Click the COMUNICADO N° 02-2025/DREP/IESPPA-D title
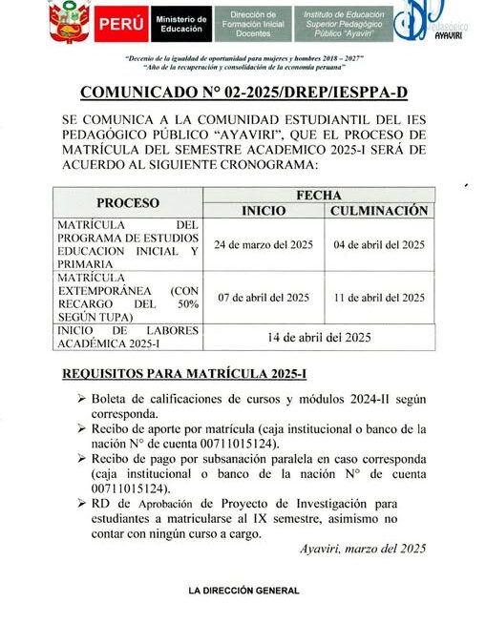(243, 93)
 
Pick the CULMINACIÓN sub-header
(378, 211)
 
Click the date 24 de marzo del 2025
(263, 244)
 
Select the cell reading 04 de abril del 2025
(378, 244)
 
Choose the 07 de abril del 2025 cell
(263, 297)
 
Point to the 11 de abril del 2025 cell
(378, 297)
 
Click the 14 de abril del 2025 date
(320, 336)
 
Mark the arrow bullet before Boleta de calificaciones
(80, 399)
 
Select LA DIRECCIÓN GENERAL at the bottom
(243, 591)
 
